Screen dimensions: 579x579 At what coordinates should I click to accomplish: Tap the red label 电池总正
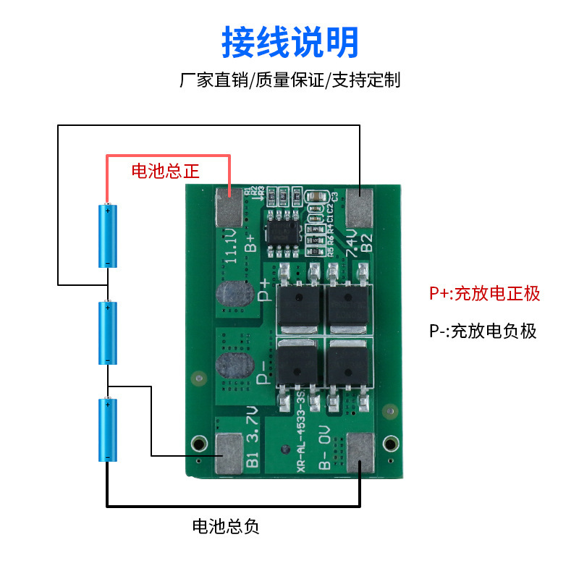click(165, 171)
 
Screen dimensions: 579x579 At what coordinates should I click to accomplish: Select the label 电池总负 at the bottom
click(225, 527)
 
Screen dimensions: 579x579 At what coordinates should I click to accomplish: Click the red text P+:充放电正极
click(485, 293)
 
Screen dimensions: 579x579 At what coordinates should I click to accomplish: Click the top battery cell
click(107, 236)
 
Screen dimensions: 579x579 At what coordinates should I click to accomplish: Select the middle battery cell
click(107, 333)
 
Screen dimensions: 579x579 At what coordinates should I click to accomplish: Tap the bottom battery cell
click(107, 429)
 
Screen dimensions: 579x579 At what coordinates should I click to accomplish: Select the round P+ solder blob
click(232, 296)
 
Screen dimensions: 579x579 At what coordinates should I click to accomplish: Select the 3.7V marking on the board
click(251, 427)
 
